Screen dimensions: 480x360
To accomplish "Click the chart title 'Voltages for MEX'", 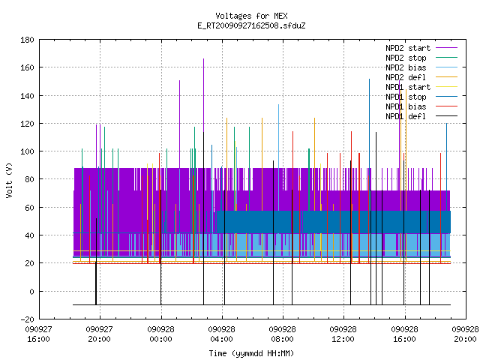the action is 251,16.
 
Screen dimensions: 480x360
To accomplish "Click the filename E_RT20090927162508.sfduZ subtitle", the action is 251,25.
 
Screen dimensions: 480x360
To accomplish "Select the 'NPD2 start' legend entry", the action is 408,48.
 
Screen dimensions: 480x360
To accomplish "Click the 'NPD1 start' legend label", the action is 408,87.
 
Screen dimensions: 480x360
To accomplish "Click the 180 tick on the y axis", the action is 27,40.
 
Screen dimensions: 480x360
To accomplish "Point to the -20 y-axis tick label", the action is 27,319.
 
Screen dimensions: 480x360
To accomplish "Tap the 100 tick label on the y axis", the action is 27,151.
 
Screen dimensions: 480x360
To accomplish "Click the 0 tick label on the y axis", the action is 31,292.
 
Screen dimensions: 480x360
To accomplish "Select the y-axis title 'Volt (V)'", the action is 9,180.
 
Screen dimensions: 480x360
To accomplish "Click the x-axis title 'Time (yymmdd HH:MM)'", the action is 251,353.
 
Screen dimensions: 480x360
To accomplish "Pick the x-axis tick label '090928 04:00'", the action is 222,334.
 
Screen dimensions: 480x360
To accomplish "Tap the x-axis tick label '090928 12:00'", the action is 343,334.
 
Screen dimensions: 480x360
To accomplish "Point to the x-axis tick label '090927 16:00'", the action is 38,334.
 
